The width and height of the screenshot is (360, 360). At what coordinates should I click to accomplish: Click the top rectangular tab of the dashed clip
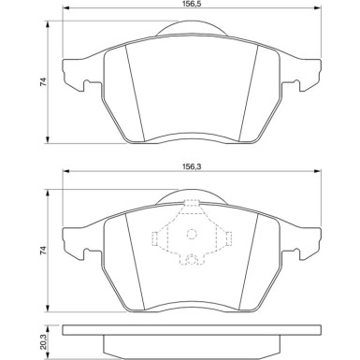[192, 205]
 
